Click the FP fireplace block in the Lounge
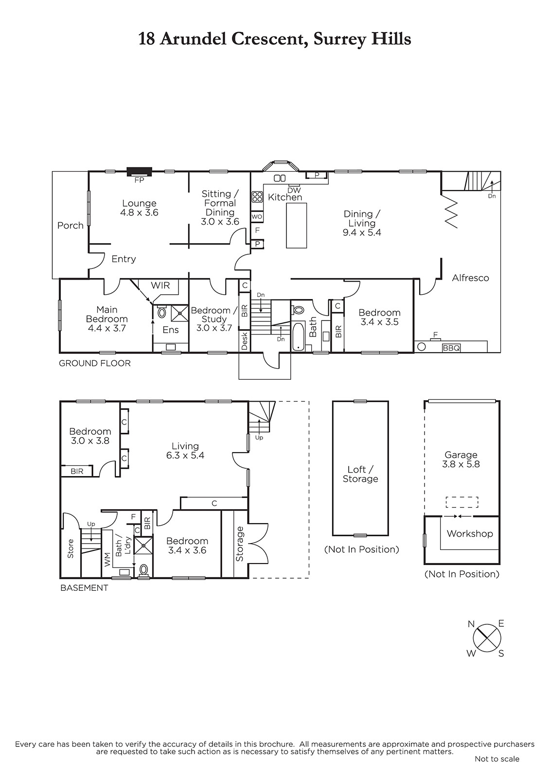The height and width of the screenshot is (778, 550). (139, 172)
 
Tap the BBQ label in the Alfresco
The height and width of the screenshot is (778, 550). (451, 348)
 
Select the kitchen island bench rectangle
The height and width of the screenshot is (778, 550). (296, 226)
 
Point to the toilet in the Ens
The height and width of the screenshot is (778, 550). (162, 312)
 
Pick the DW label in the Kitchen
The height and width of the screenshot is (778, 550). (294, 190)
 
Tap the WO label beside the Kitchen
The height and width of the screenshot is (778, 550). (257, 217)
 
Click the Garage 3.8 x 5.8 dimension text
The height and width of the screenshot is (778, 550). (461, 464)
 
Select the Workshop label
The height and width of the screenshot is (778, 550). (470, 533)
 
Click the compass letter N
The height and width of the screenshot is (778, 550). (471, 624)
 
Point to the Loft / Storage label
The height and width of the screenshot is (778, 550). (360, 474)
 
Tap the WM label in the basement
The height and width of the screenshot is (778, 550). (107, 560)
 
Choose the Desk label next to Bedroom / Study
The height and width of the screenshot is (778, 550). (244, 341)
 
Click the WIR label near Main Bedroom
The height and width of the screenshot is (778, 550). (160, 285)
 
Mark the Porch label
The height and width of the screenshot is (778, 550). (71, 226)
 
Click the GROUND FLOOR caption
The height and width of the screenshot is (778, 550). (94, 363)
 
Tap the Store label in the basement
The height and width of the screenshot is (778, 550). (71, 549)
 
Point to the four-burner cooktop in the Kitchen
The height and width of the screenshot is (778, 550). (257, 197)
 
